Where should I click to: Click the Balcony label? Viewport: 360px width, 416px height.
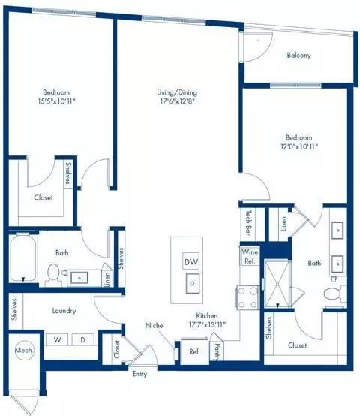click(298, 56)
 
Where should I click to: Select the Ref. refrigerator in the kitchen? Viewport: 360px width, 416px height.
click(193, 351)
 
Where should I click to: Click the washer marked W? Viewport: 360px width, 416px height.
click(57, 339)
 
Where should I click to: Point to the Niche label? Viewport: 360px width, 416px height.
click(154, 326)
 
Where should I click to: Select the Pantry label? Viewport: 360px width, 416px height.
click(217, 350)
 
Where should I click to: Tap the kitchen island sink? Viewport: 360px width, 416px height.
click(191, 283)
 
